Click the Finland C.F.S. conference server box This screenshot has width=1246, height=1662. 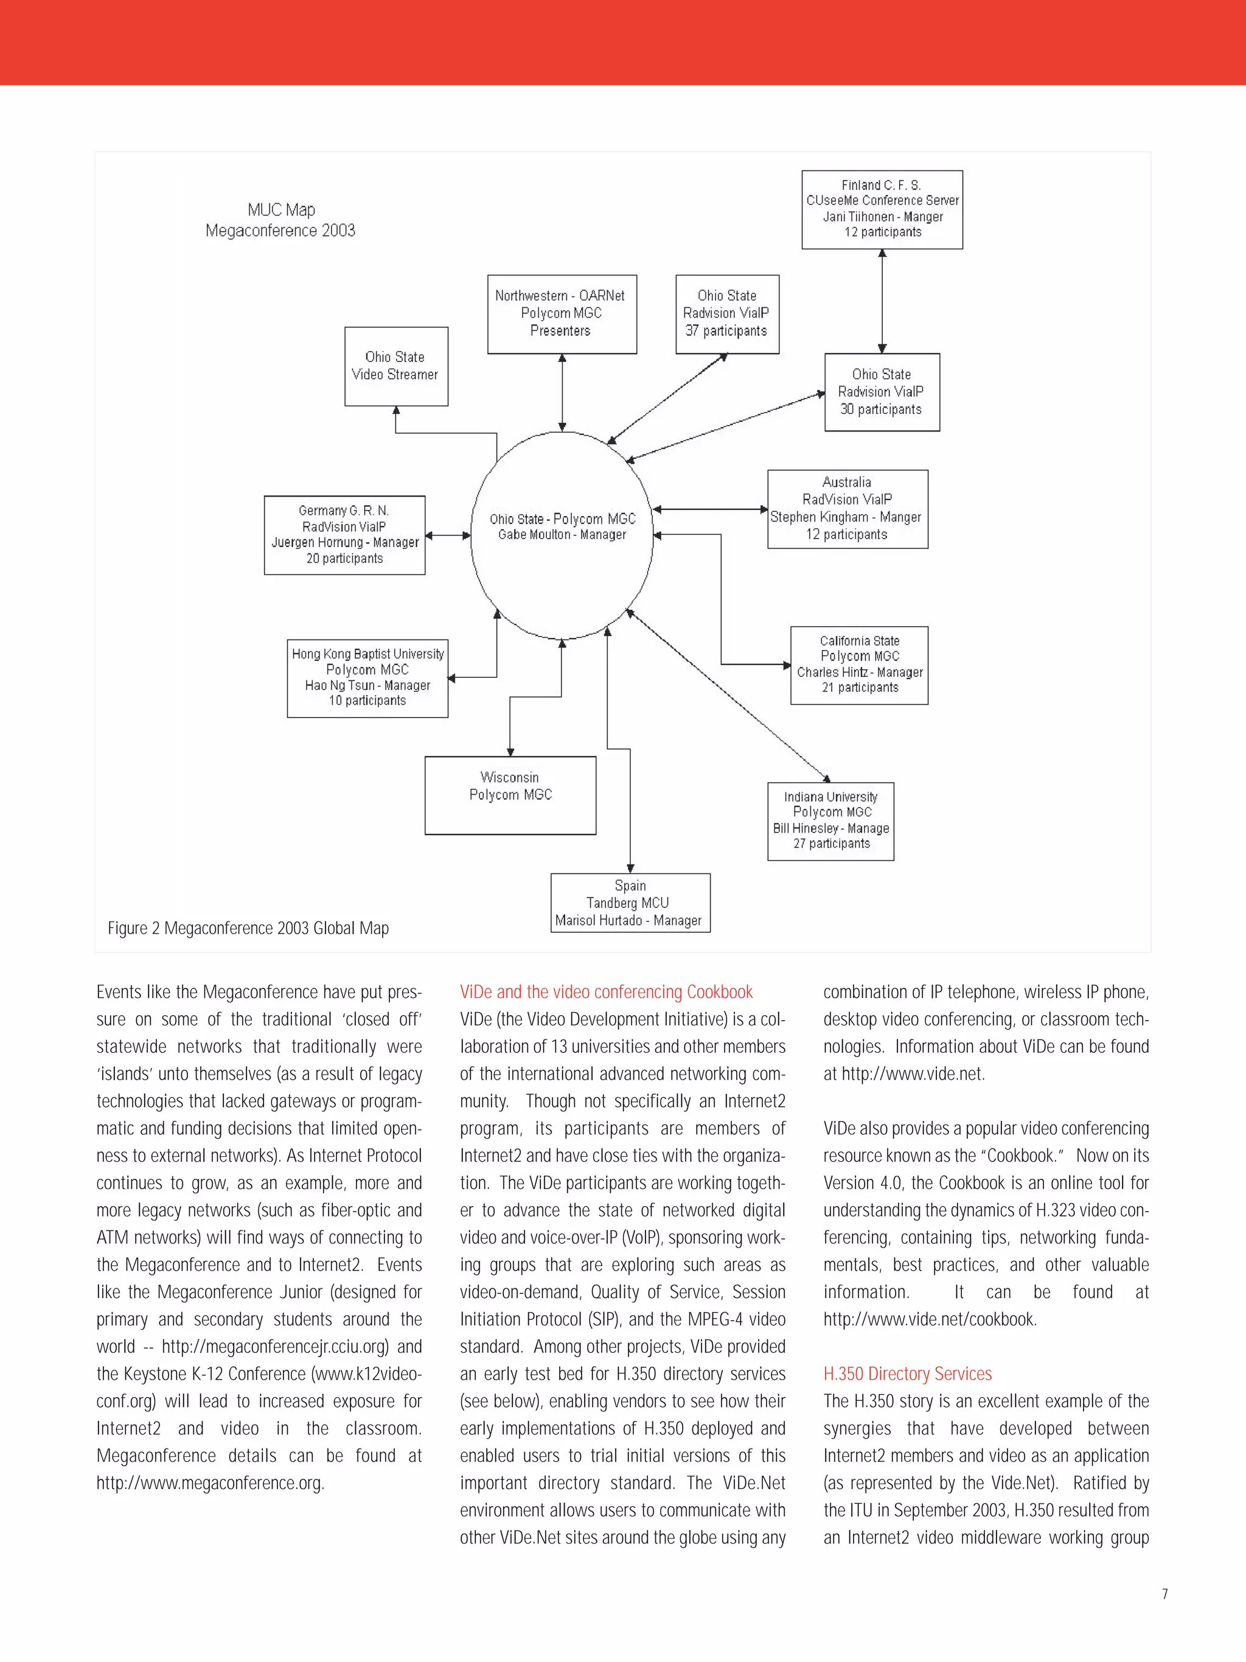tap(882, 209)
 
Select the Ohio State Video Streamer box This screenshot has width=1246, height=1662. tap(396, 366)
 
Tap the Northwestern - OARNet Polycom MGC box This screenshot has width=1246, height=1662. tap(562, 313)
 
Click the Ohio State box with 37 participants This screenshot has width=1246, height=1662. tap(727, 313)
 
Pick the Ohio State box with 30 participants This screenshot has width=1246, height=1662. tap(882, 391)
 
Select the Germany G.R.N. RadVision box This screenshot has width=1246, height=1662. tap(344, 535)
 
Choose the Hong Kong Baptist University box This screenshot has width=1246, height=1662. tap(367, 678)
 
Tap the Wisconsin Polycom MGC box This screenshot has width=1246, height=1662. tap(510, 795)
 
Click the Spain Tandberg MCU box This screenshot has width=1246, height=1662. tap(630, 903)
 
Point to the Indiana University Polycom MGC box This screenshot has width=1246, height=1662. tap(830, 820)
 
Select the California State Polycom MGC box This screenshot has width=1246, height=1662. tap(859, 665)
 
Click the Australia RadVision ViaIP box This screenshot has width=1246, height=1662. tap(847, 509)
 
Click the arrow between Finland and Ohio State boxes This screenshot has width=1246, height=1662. tap(882, 301)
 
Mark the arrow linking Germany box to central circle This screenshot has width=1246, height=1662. tap(448, 536)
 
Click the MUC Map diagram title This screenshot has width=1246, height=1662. tap(281, 220)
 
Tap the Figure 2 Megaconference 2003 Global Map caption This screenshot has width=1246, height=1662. tap(248, 929)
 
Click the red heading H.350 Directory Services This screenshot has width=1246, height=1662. tap(907, 1374)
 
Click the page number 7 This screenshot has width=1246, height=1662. tap(1164, 1615)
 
